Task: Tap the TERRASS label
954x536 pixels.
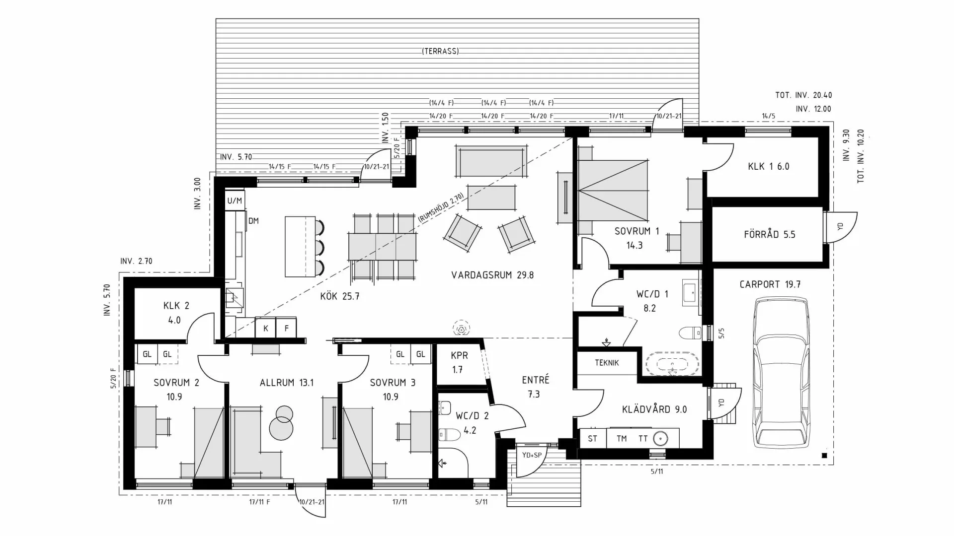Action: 440,51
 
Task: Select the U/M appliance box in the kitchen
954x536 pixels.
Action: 235,201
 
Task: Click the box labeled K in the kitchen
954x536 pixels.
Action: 266,328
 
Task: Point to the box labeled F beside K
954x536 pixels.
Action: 286,328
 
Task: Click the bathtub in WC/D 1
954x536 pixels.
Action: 672,363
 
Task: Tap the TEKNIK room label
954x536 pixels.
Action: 607,363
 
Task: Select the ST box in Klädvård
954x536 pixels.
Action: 592,439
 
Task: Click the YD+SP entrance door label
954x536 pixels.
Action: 531,455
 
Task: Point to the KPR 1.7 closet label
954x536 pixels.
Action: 459,362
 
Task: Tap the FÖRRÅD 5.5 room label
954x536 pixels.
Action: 769,234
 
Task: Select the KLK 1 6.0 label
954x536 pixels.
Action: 768,166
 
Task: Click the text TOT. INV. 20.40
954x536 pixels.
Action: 803,95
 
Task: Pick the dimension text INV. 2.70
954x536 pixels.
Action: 136,261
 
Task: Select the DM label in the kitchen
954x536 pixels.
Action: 253,221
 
